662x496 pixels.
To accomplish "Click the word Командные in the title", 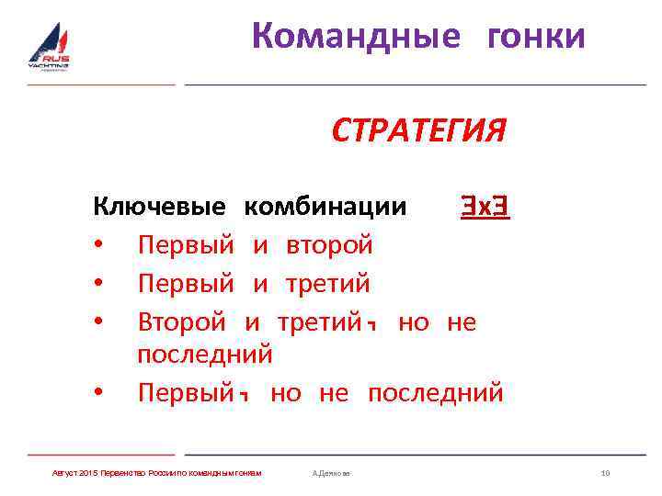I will point(355,36).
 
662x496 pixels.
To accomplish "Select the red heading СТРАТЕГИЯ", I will point(418,131).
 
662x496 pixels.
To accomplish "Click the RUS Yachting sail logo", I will point(49,47).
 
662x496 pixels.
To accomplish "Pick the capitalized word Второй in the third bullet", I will point(182,322).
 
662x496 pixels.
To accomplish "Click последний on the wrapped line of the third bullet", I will point(205,354).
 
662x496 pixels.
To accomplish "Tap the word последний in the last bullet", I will point(436,392).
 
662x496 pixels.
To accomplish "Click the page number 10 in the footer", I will point(605,473).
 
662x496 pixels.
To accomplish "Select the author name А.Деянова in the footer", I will point(332,473).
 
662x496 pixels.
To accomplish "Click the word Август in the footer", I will point(64,473).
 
